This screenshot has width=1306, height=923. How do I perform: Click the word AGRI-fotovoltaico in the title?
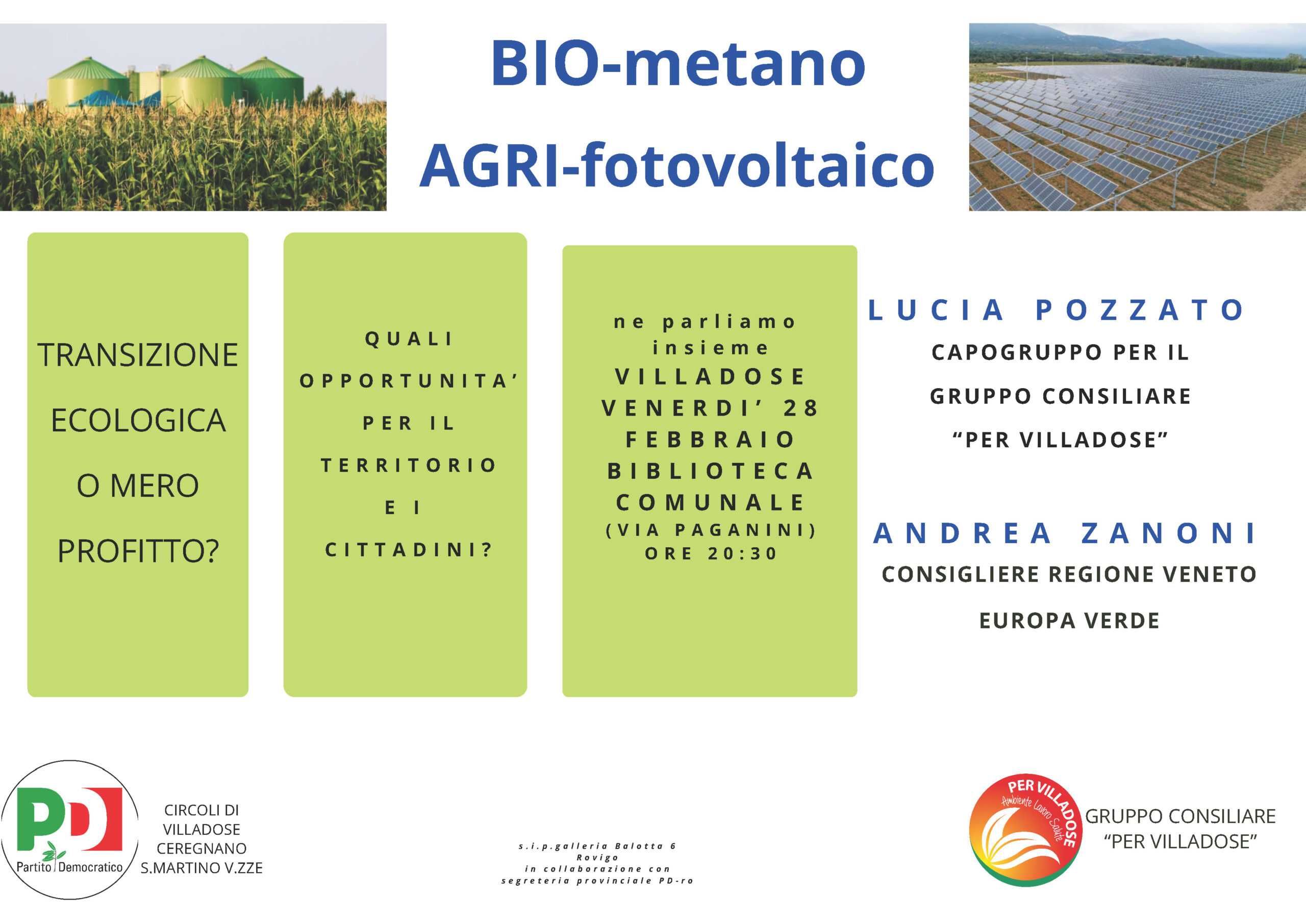pos(677,165)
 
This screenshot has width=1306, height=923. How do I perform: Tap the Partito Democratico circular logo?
pos(69,830)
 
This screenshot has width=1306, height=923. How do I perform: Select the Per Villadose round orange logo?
pos(1025,830)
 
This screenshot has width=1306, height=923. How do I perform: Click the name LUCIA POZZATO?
pos(1058,310)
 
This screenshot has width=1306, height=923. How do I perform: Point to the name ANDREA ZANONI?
pos(1065,533)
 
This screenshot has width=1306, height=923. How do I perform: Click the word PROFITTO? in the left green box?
pos(138,551)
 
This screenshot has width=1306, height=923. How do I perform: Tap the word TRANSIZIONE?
pos(138,355)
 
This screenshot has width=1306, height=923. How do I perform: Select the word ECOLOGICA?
pos(138,420)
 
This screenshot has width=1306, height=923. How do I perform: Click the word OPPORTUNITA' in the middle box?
pos(409,380)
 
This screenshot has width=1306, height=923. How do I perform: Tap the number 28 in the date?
pos(801,408)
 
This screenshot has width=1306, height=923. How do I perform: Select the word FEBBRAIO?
pos(710,439)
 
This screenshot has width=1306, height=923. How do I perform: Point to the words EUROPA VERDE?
pos(1069,621)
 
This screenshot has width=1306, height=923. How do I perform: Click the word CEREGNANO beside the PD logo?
pos(202,849)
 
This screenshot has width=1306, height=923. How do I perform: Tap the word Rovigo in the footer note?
pos(597,858)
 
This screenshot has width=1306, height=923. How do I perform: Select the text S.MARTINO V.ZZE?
pos(202,868)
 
